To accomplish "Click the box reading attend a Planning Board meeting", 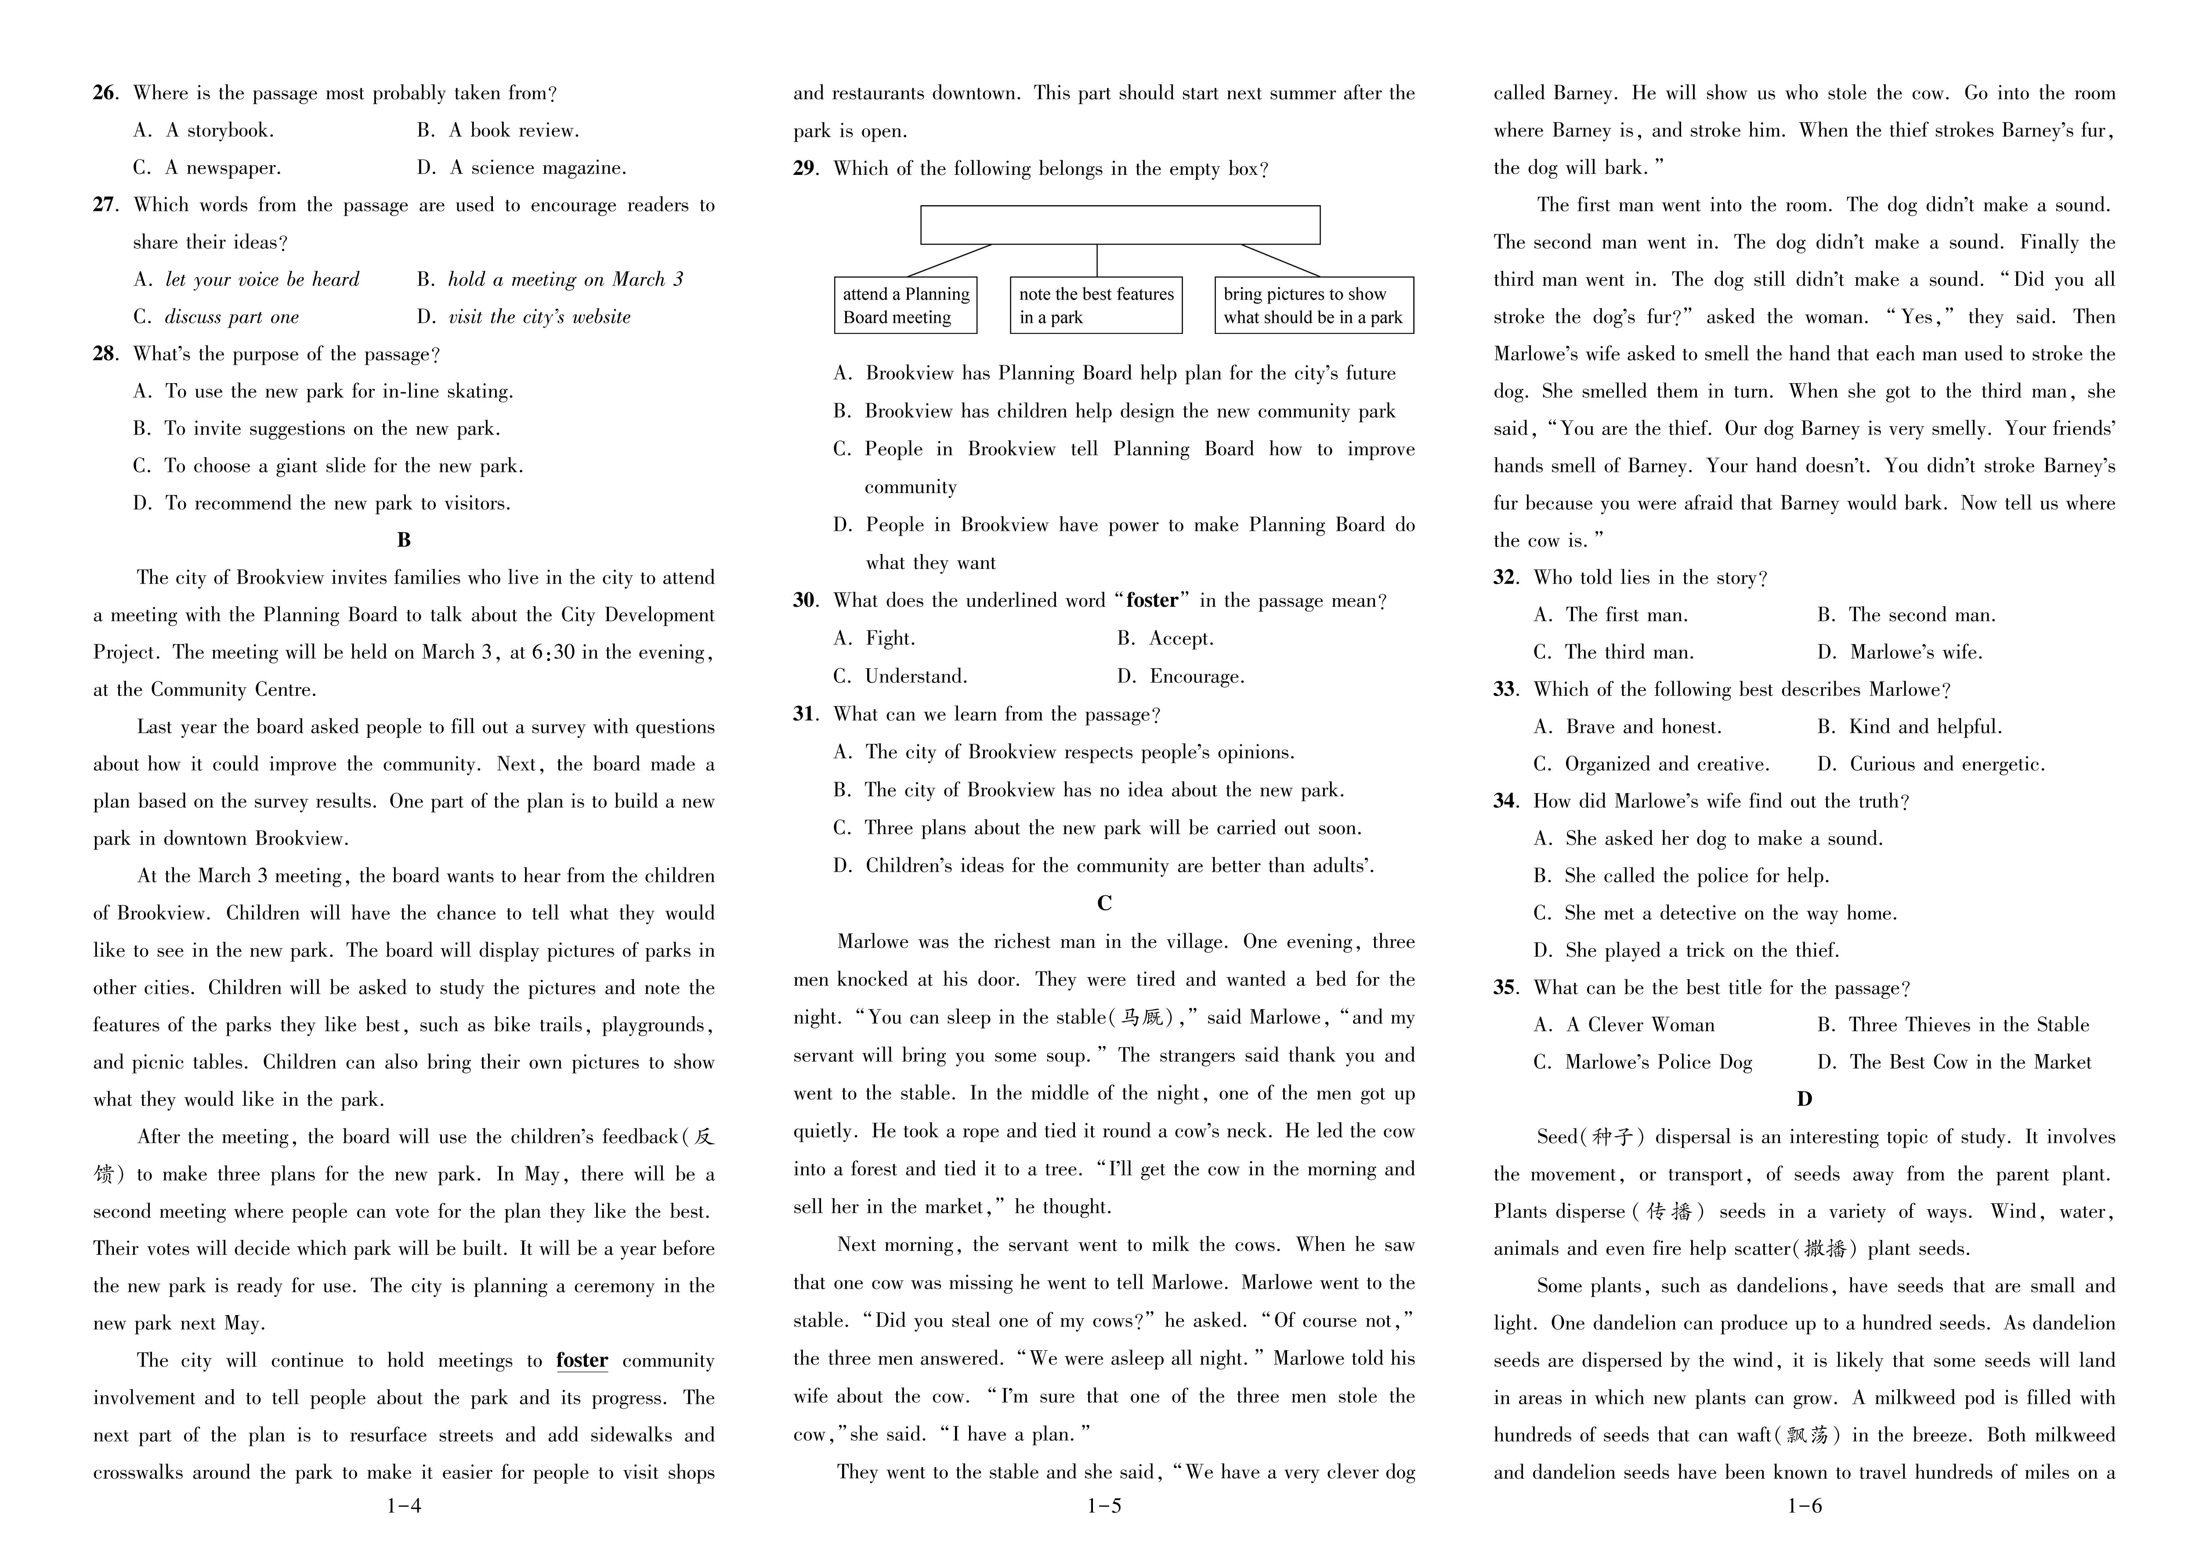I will click(905, 305).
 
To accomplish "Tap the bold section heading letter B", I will click(404, 540).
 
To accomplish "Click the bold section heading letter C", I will click(1104, 903).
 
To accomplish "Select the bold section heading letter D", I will click(1804, 1099).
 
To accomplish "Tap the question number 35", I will click(1505, 988).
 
